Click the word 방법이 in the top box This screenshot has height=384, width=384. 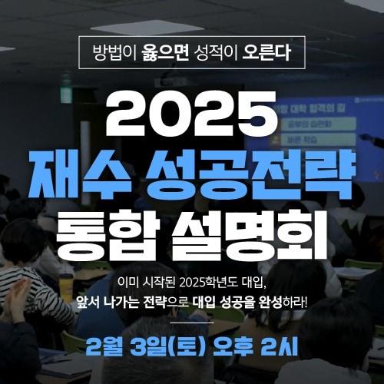[x=114, y=55]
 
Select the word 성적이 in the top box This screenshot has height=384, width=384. [x=214, y=55]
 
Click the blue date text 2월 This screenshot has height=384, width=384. [x=108, y=343]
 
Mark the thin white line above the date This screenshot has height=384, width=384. [x=192, y=323]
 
